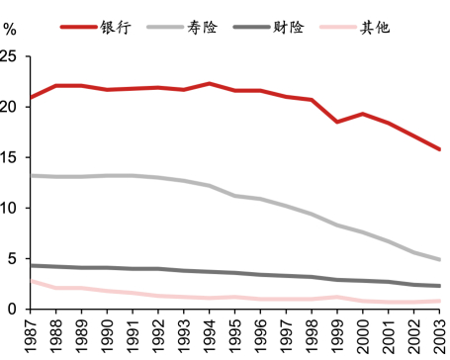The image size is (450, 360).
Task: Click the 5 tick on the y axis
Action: pyautogui.click(x=13, y=258)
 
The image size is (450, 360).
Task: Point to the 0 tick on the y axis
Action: pyautogui.click(x=13, y=309)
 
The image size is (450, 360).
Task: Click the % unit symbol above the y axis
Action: pyautogui.click(x=10, y=28)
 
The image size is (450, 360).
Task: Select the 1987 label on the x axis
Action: pyautogui.click(x=31, y=334)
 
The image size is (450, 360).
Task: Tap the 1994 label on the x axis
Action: pyautogui.click(x=210, y=334)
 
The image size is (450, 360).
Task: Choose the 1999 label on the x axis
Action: pyautogui.click(x=337, y=334)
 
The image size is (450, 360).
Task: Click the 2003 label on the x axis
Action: pyautogui.click(x=439, y=334)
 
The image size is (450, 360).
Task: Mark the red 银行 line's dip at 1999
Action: pyautogui.click(x=337, y=122)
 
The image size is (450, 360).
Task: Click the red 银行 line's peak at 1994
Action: pyautogui.click(x=210, y=83)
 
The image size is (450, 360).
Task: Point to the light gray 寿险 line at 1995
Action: pyautogui.click(x=235, y=196)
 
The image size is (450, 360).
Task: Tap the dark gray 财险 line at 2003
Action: pyautogui.click(x=439, y=286)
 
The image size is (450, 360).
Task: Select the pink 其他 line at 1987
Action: pyautogui.click(x=31, y=281)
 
